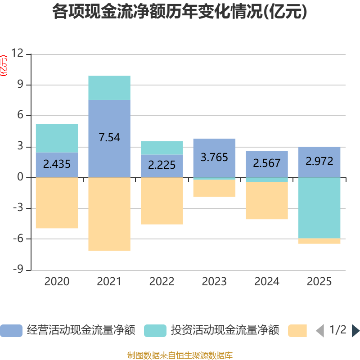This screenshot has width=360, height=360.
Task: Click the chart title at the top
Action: pyautogui.click(x=180, y=12)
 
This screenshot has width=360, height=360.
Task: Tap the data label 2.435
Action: pyautogui.click(x=57, y=164)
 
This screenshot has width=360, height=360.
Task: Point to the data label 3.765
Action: pyautogui.click(x=214, y=157)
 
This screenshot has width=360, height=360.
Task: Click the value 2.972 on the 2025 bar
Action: pyautogui.click(x=319, y=161)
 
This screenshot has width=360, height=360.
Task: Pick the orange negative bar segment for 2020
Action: pyautogui.click(x=57, y=203)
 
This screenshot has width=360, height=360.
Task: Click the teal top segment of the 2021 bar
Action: pyautogui.click(x=109, y=88)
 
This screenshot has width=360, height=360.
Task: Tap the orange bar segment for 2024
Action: pyautogui.click(x=267, y=201)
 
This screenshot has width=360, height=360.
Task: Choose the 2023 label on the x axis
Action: pyautogui.click(x=214, y=282)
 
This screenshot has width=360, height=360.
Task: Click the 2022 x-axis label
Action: pyautogui.click(x=162, y=282)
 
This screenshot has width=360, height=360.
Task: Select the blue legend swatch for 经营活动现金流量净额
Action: pyautogui.click(x=11, y=330)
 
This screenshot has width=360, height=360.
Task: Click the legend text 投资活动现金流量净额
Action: pyautogui.click(x=225, y=330)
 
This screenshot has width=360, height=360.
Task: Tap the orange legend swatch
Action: pyautogui.click(x=297, y=330)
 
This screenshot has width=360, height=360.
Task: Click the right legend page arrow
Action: pyautogui.click(x=355, y=330)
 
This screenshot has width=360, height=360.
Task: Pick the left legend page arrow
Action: pyautogui.click(x=320, y=330)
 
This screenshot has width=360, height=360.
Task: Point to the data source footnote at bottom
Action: pyautogui.click(x=180, y=355)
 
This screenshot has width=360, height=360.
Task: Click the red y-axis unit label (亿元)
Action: pyautogui.click(x=4, y=65)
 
